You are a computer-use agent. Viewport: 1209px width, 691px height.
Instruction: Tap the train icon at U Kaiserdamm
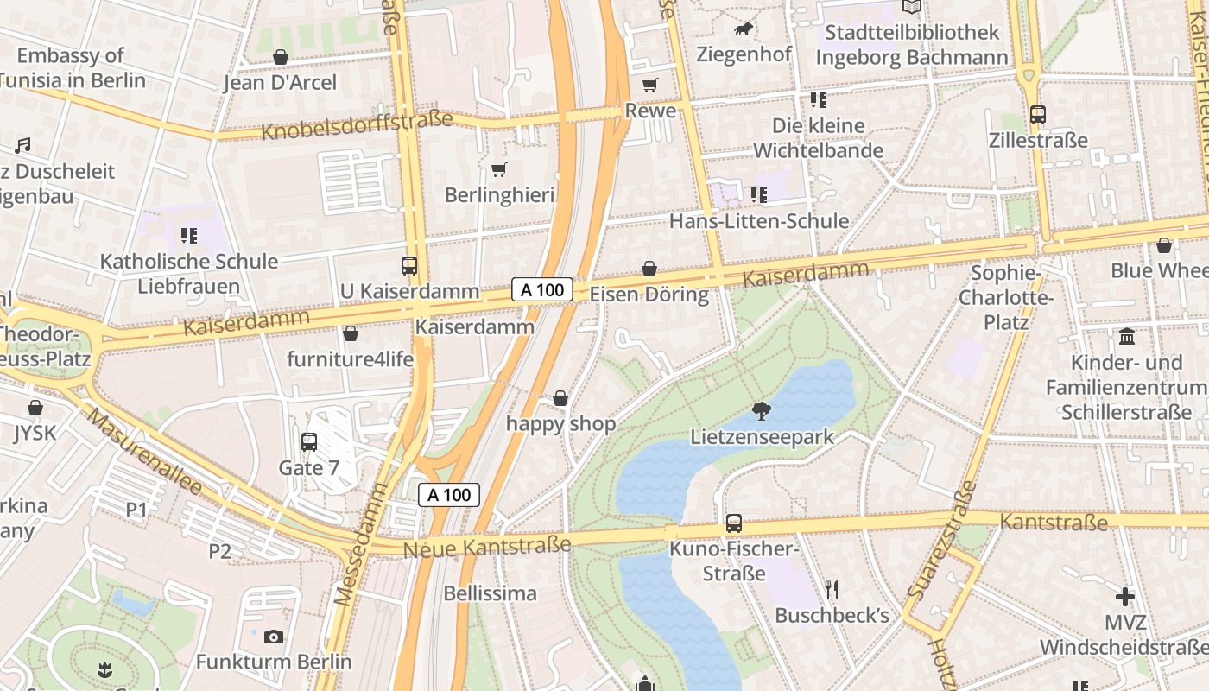(x=409, y=266)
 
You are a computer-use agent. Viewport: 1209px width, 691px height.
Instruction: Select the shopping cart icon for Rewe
(x=649, y=86)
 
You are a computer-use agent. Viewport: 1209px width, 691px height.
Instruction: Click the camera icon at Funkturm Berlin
(x=274, y=637)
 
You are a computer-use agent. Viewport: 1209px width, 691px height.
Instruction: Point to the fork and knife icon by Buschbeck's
(x=832, y=590)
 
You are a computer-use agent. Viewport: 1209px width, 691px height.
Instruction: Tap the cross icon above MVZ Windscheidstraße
(x=1125, y=597)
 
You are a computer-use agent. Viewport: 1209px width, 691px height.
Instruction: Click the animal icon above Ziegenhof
(x=743, y=30)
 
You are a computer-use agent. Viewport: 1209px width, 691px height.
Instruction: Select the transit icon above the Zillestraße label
(x=1038, y=115)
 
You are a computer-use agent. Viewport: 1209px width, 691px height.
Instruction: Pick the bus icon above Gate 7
(x=309, y=442)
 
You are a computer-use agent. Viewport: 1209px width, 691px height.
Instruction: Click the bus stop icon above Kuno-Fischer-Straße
(x=734, y=523)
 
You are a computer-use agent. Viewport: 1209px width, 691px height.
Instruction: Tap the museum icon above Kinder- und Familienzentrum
(x=1127, y=337)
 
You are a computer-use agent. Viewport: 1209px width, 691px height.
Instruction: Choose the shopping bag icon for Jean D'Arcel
(x=280, y=58)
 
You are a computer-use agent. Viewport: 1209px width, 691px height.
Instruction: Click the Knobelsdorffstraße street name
(x=357, y=126)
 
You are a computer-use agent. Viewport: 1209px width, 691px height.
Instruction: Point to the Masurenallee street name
(x=144, y=451)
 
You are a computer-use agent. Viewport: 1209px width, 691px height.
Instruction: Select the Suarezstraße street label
(x=942, y=542)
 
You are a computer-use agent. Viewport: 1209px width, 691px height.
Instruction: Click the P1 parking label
(x=136, y=510)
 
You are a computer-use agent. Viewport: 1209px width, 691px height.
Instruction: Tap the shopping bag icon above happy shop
(x=560, y=398)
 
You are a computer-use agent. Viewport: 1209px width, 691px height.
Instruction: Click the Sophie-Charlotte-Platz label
(x=1006, y=298)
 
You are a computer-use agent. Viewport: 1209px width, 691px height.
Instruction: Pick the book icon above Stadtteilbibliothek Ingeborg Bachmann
(x=912, y=7)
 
